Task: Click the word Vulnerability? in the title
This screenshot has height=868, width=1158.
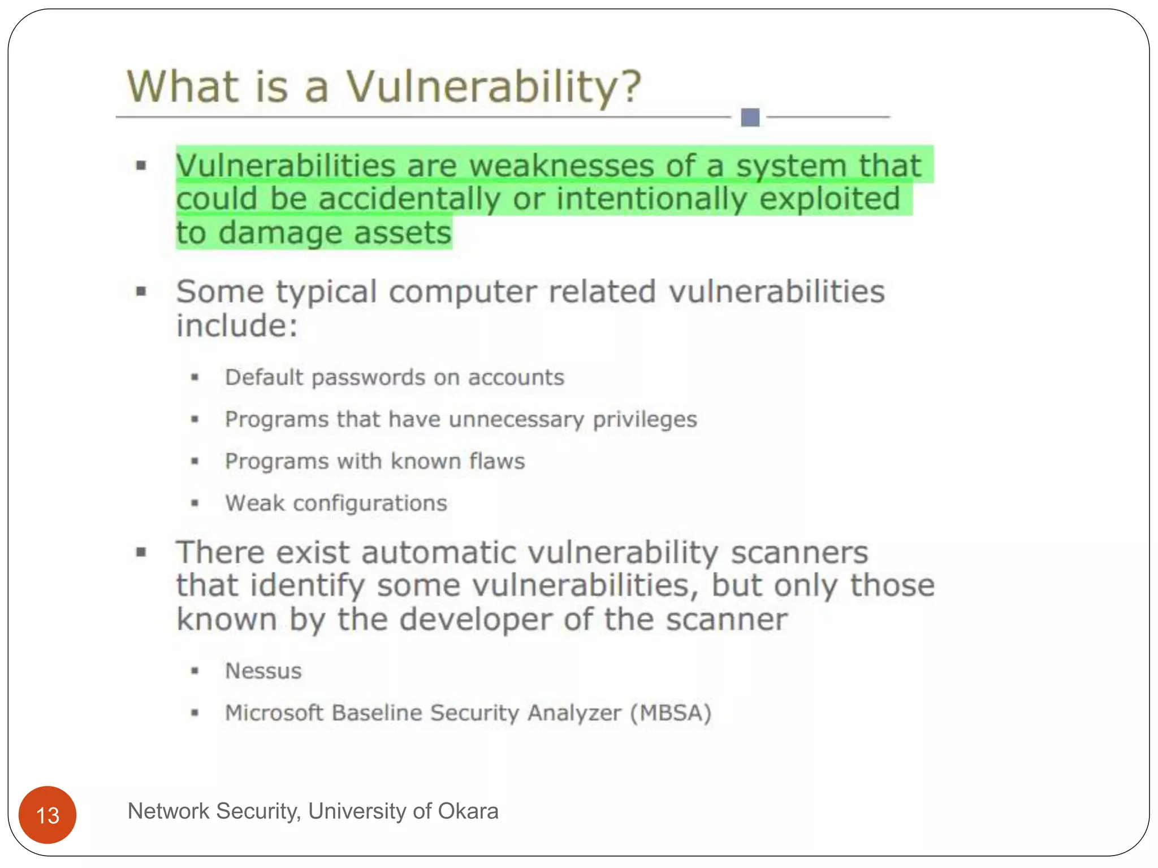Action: click(494, 88)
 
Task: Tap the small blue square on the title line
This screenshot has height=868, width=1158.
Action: click(750, 118)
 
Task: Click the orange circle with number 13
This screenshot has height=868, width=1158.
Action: click(47, 815)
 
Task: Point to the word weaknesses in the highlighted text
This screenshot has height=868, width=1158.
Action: click(561, 166)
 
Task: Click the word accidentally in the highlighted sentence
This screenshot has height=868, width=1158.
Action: click(409, 199)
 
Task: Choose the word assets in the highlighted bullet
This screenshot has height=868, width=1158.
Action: click(403, 233)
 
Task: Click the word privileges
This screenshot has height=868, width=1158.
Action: click(645, 420)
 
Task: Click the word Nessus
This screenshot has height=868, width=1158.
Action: click(263, 671)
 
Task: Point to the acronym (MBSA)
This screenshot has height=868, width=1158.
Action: click(671, 713)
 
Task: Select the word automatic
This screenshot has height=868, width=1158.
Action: click(439, 553)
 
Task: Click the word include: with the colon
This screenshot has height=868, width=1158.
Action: click(237, 326)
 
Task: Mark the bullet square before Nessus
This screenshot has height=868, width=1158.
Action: click(195, 671)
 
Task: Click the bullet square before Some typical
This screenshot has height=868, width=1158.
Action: click(141, 292)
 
